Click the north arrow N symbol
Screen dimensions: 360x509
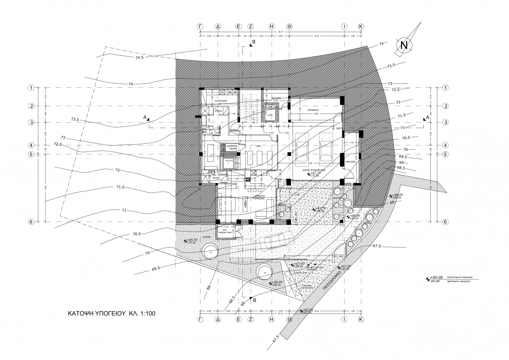(404, 46)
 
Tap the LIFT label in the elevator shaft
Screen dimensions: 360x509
(270, 115)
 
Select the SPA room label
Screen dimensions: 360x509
(258, 146)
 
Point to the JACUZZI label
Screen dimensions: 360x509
(229, 160)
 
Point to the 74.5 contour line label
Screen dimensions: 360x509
(140, 57)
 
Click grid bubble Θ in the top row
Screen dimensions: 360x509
(289, 27)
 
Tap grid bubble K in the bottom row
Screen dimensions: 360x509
(361, 320)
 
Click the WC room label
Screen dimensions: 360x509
(210, 130)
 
